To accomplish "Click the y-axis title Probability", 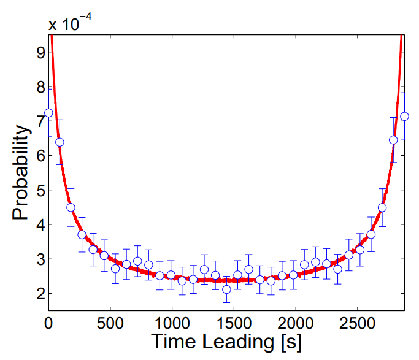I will click(21, 173).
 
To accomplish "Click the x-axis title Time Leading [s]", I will click(226, 342).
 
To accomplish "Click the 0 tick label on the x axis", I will click(49, 323).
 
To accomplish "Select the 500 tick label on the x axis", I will click(110, 323).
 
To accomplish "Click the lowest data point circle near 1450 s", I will click(226, 289).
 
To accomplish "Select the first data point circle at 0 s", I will click(49, 113).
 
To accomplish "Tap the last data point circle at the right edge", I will click(404, 117).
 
